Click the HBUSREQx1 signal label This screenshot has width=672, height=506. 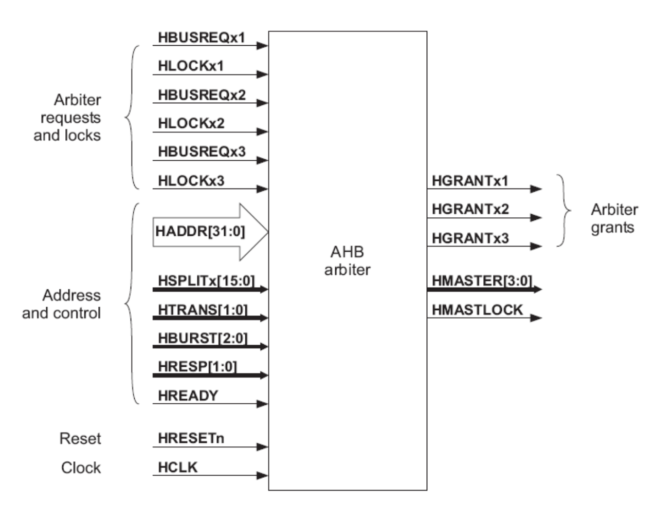[202, 38]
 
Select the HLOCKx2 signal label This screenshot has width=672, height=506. [191, 123]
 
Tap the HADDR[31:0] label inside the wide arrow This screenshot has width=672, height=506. [200, 232]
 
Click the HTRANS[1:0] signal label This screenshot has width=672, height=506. [203, 310]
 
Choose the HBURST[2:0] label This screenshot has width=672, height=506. [203, 339]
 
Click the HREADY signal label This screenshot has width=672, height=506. [188, 396]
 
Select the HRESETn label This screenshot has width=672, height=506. [191, 439]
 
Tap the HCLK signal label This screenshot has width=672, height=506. [178, 467]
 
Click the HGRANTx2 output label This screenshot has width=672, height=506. [470, 209]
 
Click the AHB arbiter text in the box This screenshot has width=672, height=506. [347, 260]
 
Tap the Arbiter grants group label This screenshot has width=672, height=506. [614, 218]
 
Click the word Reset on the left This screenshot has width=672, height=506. [80, 439]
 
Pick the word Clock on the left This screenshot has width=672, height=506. [81, 467]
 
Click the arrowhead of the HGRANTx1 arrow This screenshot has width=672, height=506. [536, 189]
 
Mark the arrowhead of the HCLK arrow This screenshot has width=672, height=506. [262, 476]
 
